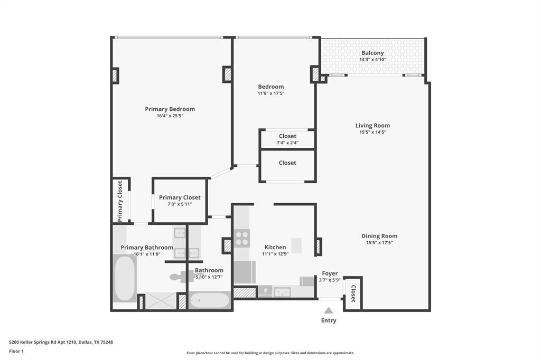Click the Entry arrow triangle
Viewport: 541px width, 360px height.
329,311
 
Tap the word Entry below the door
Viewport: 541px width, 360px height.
329,320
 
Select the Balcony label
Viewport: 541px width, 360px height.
372,53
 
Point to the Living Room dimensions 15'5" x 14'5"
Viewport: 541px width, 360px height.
372,132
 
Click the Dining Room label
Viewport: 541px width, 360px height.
379,236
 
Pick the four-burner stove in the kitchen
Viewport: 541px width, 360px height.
242,238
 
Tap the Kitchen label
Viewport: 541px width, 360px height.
275,247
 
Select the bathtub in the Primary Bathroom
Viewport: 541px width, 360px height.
125,278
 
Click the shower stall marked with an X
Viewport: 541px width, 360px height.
161,301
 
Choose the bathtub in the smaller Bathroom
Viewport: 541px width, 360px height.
210,301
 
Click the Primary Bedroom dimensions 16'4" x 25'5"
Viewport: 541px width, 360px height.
170,116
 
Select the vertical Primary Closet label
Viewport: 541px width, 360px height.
120,201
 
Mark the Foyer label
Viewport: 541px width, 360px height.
330,273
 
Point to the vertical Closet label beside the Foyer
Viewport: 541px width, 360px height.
353,293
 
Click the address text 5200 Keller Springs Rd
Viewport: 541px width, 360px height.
61,342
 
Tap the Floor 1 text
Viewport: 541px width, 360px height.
17,351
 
